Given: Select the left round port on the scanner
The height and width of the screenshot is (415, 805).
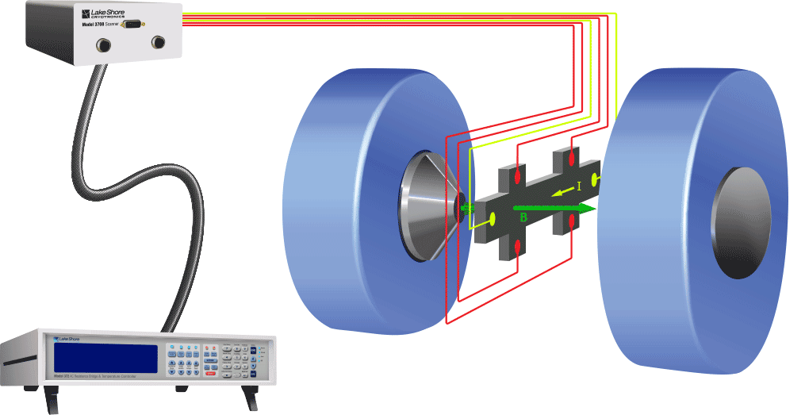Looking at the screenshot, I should coord(102,45).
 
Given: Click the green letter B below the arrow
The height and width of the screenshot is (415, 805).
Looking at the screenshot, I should coord(523,217).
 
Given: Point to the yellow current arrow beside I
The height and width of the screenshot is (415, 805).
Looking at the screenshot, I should coord(562,191).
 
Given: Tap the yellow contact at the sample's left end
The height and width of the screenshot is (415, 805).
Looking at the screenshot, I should coord(493,218).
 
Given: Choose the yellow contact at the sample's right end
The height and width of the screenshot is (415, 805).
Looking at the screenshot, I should coord(596,181).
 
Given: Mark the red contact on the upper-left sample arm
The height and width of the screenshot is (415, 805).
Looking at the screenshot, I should coord(518,174).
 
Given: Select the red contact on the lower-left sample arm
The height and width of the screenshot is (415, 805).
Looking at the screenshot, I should coord(518,246).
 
